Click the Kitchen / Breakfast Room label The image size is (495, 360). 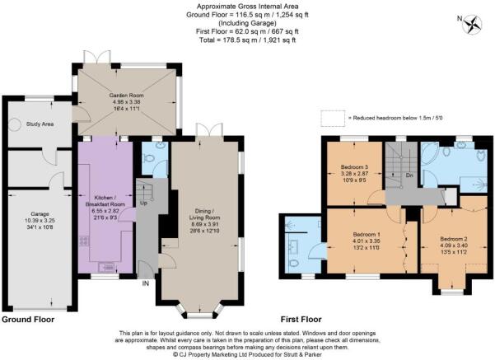105,204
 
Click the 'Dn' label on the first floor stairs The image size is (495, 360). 409,175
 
